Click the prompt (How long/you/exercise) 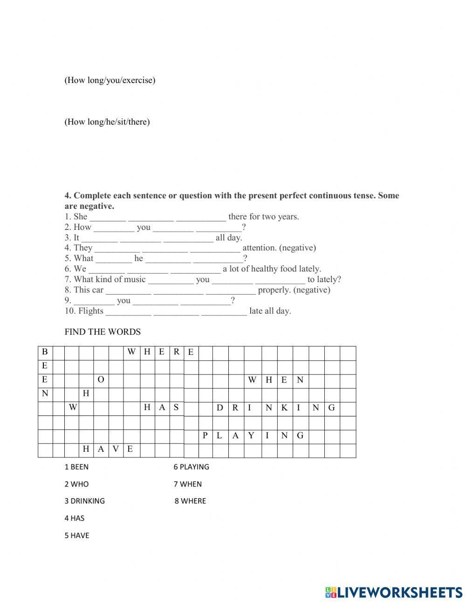point(110,80)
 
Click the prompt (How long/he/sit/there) point(107,122)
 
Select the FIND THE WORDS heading point(103,332)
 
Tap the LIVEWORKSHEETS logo point(394,592)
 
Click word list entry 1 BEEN point(76,467)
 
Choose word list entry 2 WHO point(76,484)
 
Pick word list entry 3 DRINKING point(84,501)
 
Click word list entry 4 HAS point(75,518)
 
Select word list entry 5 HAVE point(76,535)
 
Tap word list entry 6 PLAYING point(191,467)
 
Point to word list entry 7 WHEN point(188,484)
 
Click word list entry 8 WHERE point(190,501)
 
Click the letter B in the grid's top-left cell point(45,352)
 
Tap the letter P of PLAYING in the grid point(205,436)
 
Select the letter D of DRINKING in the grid point(220,408)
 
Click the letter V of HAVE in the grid point(116,449)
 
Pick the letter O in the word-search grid point(101,380)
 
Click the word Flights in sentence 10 point(91,311)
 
